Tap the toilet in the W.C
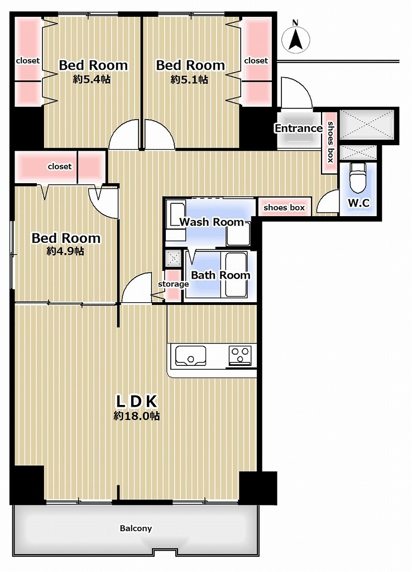(x=358, y=177)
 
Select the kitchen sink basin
(x=190, y=355)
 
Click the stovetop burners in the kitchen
(x=240, y=355)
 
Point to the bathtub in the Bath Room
(x=236, y=275)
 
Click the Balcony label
(x=136, y=528)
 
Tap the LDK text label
(x=136, y=401)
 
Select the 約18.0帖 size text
(x=136, y=416)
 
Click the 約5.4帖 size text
(x=92, y=79)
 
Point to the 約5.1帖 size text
(x=189, y=79)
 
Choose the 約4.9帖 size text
(x=65, y=251)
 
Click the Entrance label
(x=298, y=128)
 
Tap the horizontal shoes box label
(x=284, y=208)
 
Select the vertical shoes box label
(x=330, y=142)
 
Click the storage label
(x=173, y=284)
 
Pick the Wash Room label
(x=212, y=222)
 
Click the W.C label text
(x=359, y=203)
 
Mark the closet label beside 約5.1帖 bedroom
(x=256, y=60)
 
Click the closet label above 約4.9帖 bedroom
(x=60, y=166)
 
